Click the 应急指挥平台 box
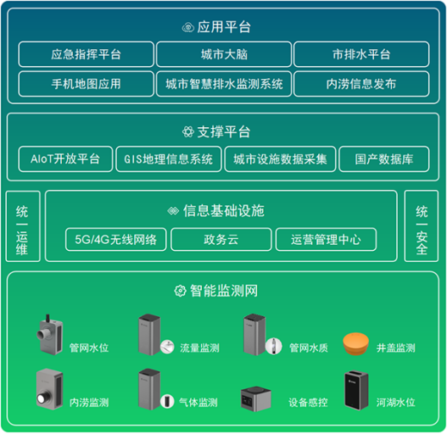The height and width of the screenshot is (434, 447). point(86,55)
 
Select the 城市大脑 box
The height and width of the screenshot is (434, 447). point(223,55)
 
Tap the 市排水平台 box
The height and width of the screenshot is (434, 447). point(361,55)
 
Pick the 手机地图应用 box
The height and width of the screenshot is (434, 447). point(86,84)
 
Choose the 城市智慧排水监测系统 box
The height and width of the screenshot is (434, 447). point(223,84)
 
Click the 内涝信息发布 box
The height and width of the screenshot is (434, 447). point(361,84)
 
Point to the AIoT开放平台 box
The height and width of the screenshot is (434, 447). point(64,159)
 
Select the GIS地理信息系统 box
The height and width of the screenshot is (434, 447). point(168,159)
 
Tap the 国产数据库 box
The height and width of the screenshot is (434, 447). point(383,159)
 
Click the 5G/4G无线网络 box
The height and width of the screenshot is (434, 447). point(116,240)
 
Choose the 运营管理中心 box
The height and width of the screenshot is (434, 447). point(326,240)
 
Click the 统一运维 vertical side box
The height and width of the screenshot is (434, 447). point(22,226)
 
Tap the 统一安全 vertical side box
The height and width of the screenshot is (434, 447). point(422,226)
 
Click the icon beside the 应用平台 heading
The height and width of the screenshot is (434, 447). point(188,27)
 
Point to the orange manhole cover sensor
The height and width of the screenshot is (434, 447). point(357,343)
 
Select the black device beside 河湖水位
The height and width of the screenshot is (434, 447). point(356,389)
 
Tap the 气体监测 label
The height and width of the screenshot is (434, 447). point(200,402)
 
